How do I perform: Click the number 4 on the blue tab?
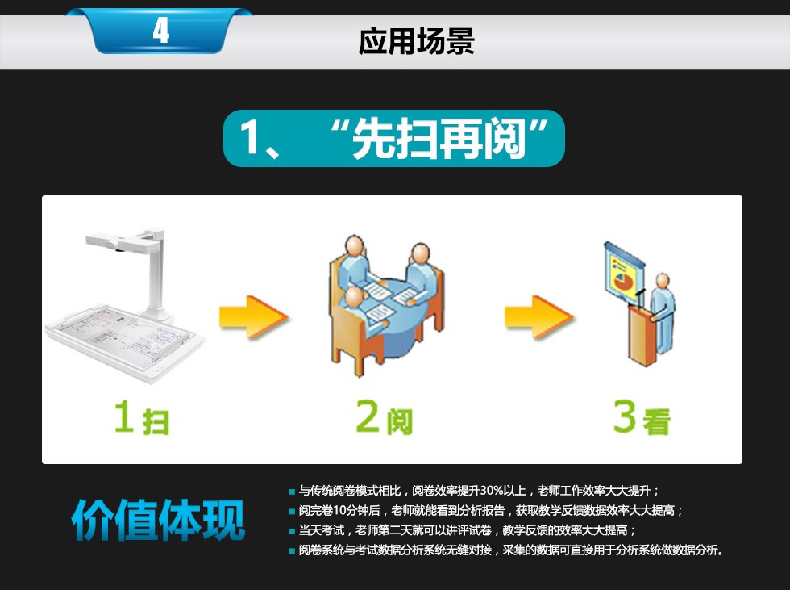(160, 31)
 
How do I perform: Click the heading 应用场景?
(416, 41)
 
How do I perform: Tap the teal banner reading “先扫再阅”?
(394, 138)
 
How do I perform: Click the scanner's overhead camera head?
(117, 241)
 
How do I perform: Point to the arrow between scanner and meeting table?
(253, 316)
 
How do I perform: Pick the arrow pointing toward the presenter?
(539, 316)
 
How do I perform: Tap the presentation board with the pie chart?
(624, 273)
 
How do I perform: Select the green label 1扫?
(142, 418)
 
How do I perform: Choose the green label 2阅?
(385, 417)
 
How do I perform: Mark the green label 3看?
(642, 417)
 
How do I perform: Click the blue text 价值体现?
(158, 521)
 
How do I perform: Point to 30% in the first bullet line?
(490, 490)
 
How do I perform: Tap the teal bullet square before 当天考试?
(292, 531)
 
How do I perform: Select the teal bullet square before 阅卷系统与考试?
(292, 550)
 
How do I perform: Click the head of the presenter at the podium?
(663, 281)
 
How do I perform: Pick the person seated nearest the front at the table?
(359, 312)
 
